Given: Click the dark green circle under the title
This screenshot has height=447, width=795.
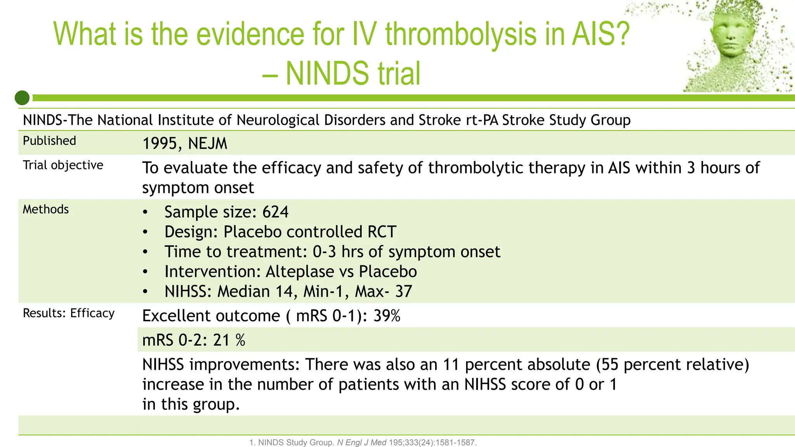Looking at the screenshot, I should coord(22,98).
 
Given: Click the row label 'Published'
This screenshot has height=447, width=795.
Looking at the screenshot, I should coord(49,141).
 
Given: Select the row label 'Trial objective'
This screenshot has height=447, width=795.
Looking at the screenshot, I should coord(63,165).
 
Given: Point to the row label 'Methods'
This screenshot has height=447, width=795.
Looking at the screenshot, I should coord(46,210).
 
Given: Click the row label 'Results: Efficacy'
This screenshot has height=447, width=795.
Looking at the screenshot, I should coord(69,313).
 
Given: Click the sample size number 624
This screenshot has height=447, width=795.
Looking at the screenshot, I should coord(275,212).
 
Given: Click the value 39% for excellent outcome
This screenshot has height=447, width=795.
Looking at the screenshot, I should coord(387,316).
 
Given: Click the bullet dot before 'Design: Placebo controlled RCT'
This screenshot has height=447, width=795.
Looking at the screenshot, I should coord(145,232).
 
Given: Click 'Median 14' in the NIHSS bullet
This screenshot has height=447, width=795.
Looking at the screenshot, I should coord(257,291).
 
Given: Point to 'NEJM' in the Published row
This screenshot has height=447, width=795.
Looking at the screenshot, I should coord(207,144).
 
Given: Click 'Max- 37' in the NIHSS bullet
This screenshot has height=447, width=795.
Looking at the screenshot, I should coord(383,291).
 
